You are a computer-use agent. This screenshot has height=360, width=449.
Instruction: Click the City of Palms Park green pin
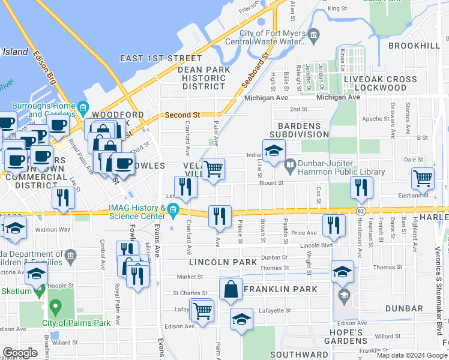tap(55, 307)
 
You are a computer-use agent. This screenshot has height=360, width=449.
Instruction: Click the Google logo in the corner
tap(20, 353)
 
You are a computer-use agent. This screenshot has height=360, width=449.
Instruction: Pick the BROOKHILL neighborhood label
tap(414, 46)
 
